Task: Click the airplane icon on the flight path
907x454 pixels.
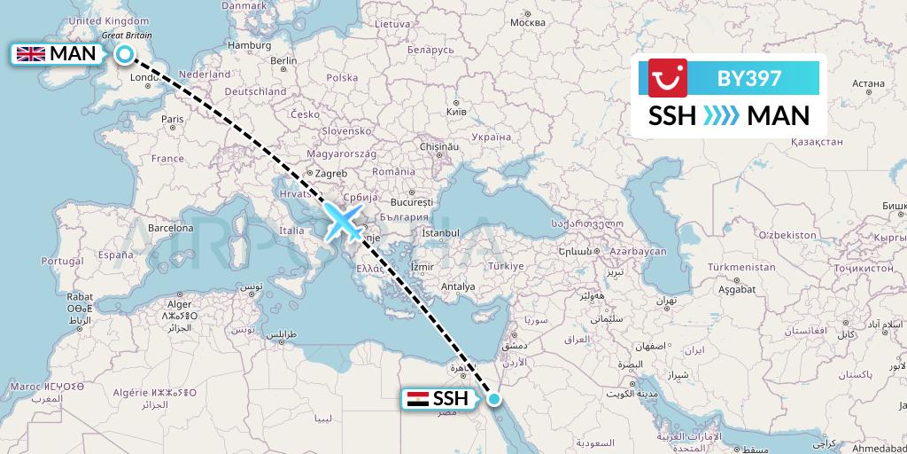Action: [x=344, y=221]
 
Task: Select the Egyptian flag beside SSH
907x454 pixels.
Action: [x=415, y=399]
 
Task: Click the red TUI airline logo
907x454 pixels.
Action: [x=668, y=78]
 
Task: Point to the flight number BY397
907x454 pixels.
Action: [x=749, y=78]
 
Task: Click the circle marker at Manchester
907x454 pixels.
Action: [x=125, y=55]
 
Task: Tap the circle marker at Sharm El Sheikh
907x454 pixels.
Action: [x=493, y=399]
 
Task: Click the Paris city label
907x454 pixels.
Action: [x=173, y=119]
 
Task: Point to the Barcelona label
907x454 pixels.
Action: [x=169, y=227]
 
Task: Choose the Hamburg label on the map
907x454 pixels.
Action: [x=249, y=44]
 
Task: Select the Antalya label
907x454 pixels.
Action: [x=458, y=286]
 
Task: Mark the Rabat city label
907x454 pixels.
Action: [x=80, y=296]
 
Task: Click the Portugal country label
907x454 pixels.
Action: [x=63, y=262]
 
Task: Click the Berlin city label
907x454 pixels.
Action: [x=283, y=60]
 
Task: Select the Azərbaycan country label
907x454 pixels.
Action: [x=636, y=252]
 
